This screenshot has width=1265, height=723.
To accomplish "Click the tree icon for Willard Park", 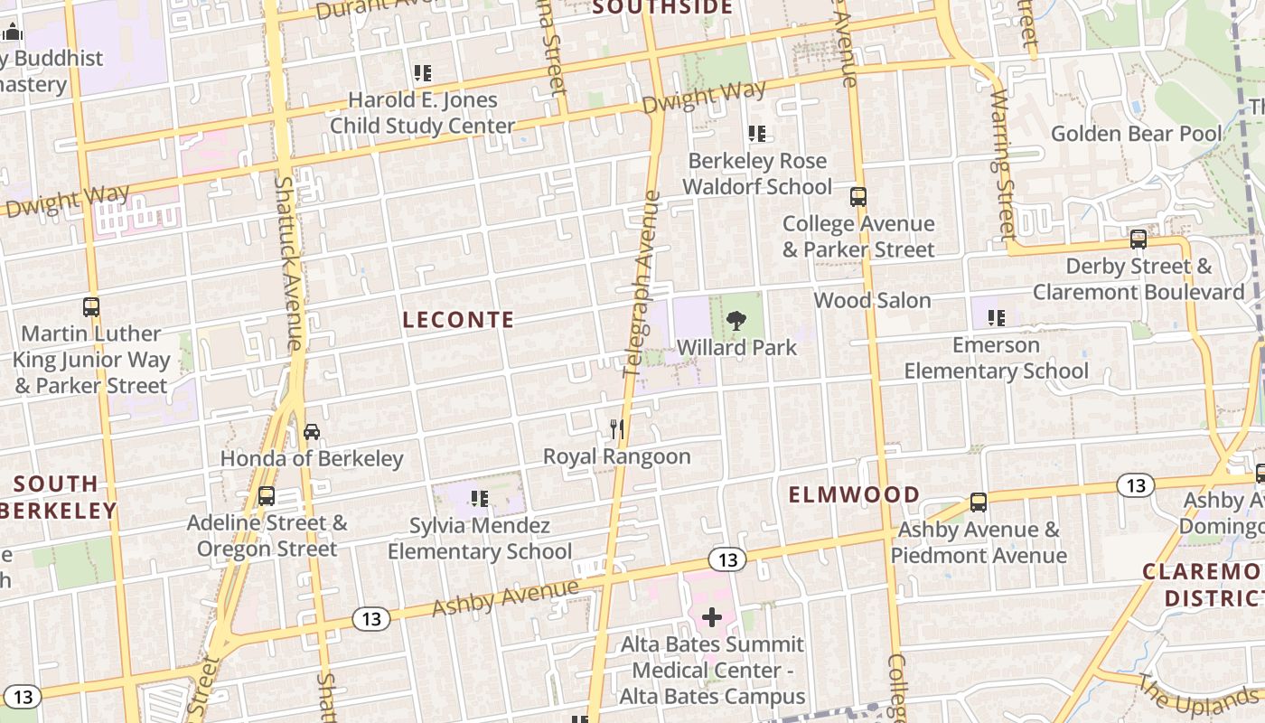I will pos(736,320).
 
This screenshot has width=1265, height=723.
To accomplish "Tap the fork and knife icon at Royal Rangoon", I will pos(617,428).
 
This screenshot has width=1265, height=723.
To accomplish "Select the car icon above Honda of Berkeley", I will pos(312,431).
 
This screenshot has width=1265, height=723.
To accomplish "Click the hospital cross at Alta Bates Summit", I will pos(712,617).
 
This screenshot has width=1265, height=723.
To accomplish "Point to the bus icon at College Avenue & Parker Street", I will pos(858,196).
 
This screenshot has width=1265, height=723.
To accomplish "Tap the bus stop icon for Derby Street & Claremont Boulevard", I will pos(1138,239).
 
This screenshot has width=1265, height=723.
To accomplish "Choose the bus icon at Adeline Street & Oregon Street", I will pos(267,495).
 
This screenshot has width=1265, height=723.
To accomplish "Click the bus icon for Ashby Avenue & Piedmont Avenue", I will pos(979,502).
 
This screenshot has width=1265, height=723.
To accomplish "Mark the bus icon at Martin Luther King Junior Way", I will pos(91,306).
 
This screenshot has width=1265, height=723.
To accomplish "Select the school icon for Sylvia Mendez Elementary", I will pos(480,498).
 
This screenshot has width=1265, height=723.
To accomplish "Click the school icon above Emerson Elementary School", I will pos(997,317).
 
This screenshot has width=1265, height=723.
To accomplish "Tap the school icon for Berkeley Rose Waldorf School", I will pos(757,134).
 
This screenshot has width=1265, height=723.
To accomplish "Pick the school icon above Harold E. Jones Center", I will pos(422,72).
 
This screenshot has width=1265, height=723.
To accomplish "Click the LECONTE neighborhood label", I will pos(458,320).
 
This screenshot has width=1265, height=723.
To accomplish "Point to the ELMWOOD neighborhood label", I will pos(854,494).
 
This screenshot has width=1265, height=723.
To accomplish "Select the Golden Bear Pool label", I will pos(1136,134).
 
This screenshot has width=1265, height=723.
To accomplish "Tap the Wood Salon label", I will pos(872,300).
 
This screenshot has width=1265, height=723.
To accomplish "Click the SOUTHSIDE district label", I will pos(662,8).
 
